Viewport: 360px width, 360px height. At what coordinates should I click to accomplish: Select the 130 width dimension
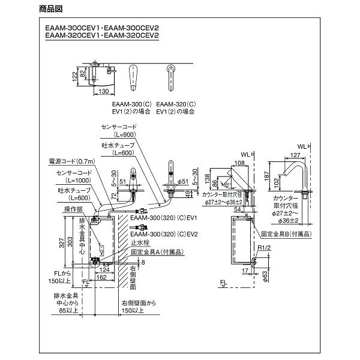(104, 92)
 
